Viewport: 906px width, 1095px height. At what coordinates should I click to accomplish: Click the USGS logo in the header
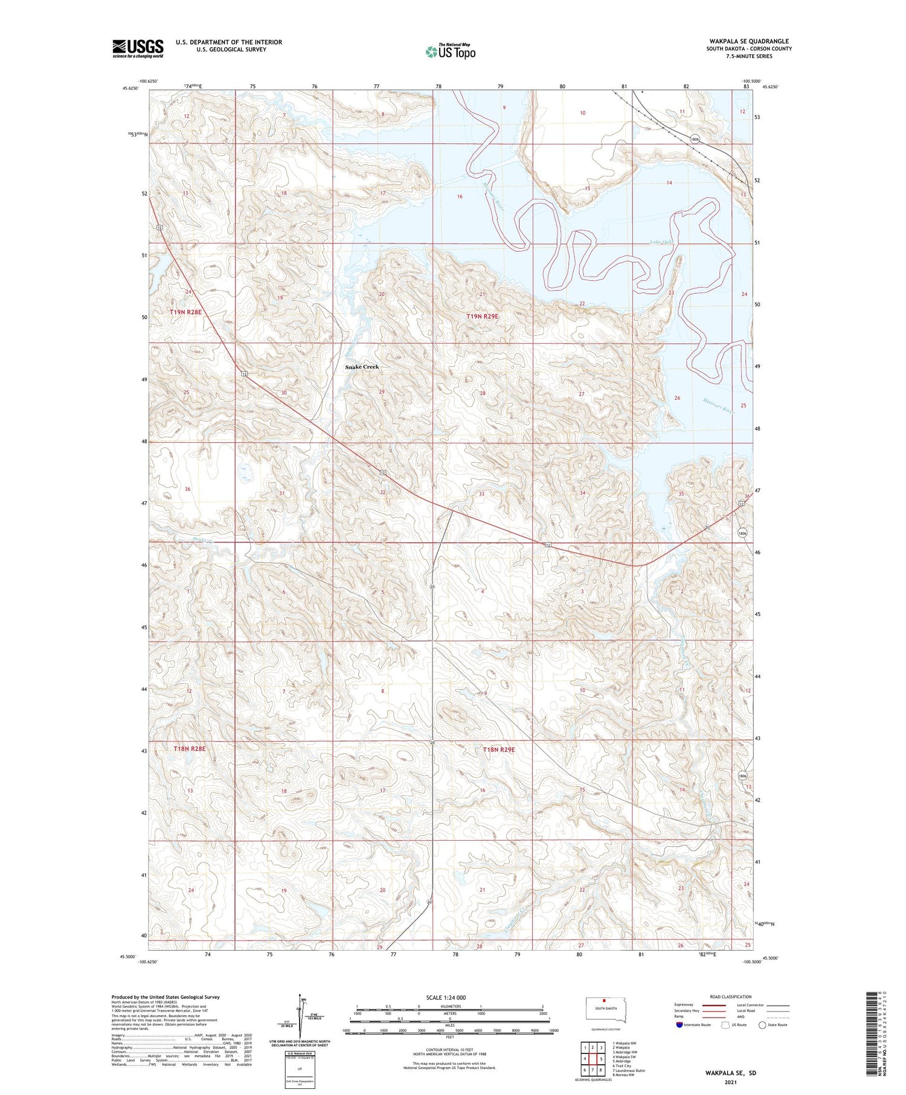(138, 48)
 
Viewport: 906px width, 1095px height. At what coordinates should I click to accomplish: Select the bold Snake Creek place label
(362, 367)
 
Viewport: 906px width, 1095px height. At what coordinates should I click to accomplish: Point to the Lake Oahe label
(661, 242)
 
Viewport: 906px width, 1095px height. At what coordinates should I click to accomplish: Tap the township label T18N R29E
(499, 750)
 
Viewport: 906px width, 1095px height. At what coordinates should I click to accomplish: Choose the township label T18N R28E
(190, 748)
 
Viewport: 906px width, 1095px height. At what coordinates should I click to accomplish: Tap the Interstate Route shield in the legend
(679, 1025)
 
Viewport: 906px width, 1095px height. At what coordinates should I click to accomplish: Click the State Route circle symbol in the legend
(762, 1025)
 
